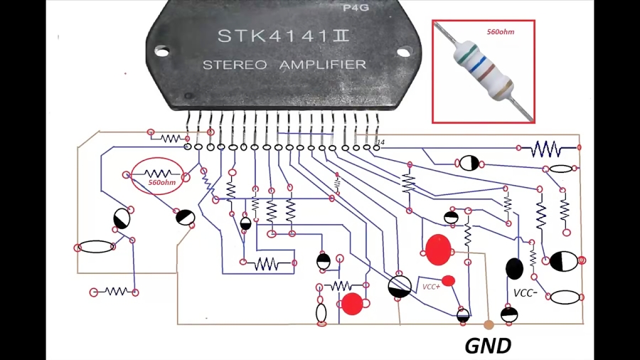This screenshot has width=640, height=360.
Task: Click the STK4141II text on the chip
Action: [x=283, y=36]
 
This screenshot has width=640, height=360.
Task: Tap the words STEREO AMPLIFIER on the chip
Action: [x=284, y=65]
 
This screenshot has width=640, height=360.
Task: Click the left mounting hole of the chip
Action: [x=162, y=51]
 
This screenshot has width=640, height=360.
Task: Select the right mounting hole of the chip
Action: [x=403, y=52]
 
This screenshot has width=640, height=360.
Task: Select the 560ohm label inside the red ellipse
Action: [x=161, y=183]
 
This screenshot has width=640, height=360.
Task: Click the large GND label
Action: [x=488, y=346]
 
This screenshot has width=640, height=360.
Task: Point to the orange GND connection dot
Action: [x=488, y=325]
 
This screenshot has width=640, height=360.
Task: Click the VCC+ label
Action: [x=431, y=286]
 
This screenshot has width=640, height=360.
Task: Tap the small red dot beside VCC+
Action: [x=448, y=280]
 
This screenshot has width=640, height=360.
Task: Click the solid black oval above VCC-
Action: [x=514, y=268]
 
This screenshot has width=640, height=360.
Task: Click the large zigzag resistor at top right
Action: [x=545, y=148]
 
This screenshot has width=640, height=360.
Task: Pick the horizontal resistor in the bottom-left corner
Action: [x=114, y=292]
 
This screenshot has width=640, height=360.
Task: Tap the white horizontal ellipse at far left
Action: [x=96, y=247]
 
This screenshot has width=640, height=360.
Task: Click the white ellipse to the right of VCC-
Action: [x=565, y=297]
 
